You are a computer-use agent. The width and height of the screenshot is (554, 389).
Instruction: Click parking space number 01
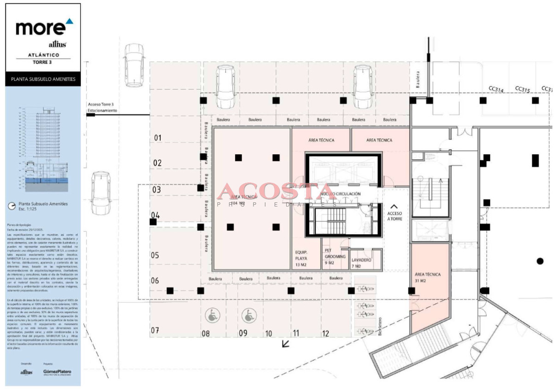(x=158, y=138)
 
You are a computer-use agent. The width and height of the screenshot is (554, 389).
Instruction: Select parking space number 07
(x=155, y=330)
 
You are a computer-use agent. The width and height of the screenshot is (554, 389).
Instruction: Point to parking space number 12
(x=325, y=333)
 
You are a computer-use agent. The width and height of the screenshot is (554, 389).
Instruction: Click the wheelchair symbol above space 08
(x=213, y=316)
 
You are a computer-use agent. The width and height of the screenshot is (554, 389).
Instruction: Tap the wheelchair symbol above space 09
(x=248, y=316)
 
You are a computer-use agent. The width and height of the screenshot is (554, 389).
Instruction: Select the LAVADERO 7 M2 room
(x=361, y=263)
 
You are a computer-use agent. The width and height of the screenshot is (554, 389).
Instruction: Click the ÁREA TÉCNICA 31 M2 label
(x=428, y=277)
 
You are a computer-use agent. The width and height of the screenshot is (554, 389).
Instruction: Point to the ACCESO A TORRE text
(x=394, y=216)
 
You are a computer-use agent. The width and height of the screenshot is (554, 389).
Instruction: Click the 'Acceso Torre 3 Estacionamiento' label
(x=102, y=108)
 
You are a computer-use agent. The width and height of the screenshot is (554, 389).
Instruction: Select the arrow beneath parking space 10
(x=286, y=344)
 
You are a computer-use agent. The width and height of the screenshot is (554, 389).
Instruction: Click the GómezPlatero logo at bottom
(x=57, y=371)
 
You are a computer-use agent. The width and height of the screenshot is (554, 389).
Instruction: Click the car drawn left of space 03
(x=100, y=193)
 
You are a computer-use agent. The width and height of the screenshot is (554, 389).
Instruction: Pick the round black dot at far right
(x=540, y=261)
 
